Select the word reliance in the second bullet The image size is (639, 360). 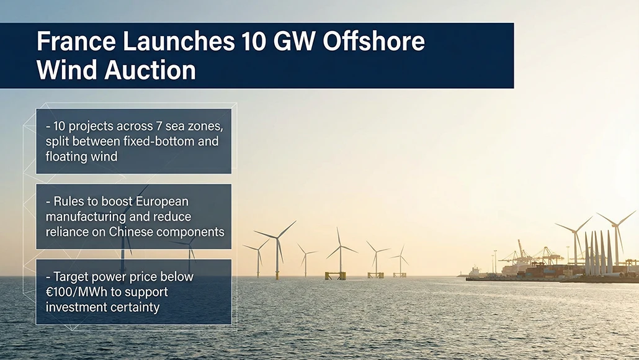tap(68, 232)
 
